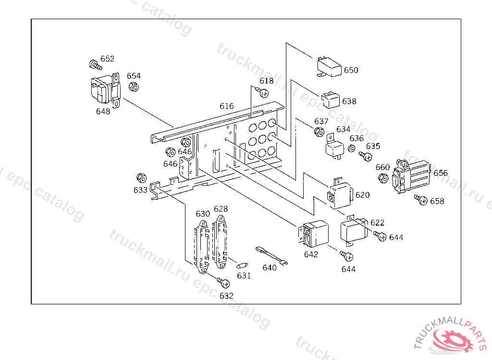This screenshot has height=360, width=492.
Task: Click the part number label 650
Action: point(351,70)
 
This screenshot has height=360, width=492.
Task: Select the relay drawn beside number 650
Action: point(329,67)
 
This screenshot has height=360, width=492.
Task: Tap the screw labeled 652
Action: point(94,64)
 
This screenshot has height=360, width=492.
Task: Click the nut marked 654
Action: point(134,87)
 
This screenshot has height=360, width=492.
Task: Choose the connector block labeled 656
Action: point(412,177)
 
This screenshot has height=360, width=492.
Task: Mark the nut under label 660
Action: point(383,178)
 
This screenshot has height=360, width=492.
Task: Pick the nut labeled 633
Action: point(141,177)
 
